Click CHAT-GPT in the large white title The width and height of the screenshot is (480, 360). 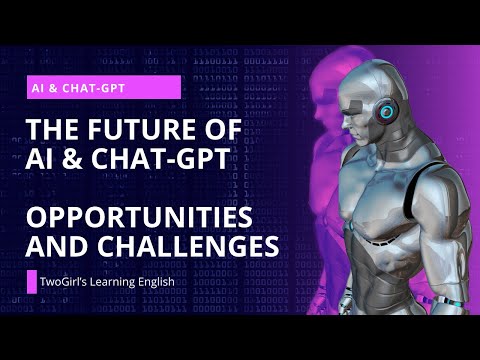[x=160, y=159]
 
